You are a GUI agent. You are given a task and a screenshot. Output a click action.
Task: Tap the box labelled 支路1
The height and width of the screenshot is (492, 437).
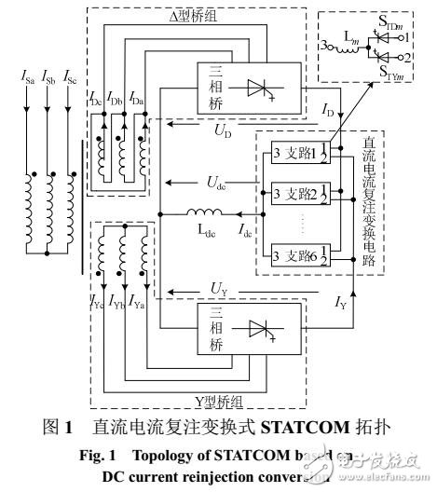pos(299,152)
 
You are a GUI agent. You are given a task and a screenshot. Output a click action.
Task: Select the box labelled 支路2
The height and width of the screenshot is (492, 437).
pos(299,193)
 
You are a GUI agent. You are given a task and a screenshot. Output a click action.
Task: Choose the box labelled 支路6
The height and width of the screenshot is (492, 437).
pos(299,254)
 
